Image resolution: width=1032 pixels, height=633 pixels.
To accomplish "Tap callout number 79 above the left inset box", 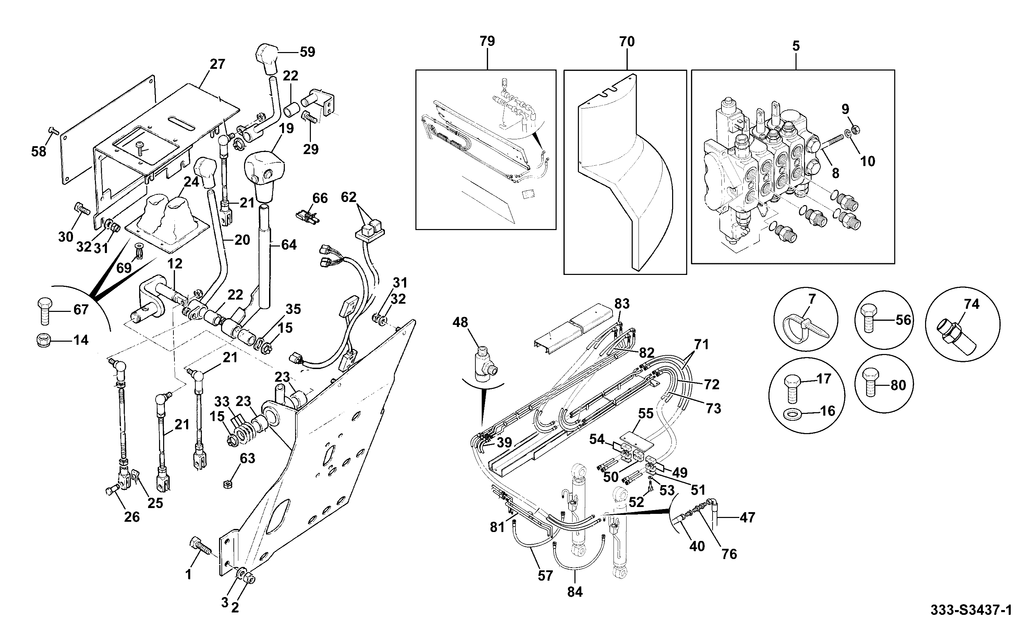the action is tap(487, 41).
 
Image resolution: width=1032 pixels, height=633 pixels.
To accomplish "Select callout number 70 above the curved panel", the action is tap(627, 41).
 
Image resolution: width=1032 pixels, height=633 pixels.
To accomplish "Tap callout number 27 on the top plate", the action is tap(217, 64).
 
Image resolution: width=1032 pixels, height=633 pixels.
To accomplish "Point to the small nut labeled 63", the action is tap(228, 483).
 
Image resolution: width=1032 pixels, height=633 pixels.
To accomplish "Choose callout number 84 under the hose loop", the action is tap(575, 592).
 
